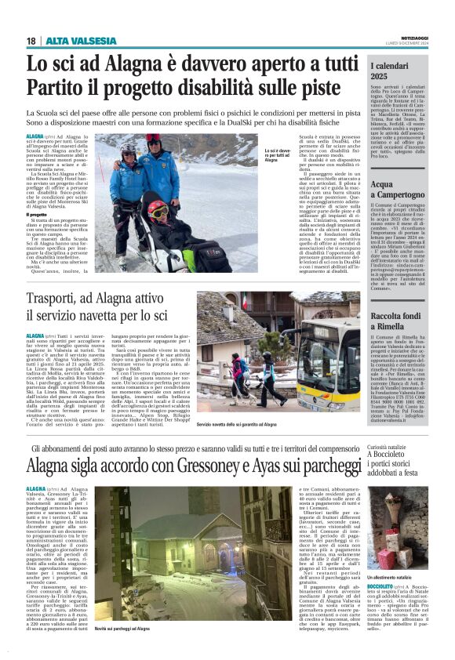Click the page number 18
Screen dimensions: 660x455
point(31,41)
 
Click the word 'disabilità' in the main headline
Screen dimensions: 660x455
point(252,85)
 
